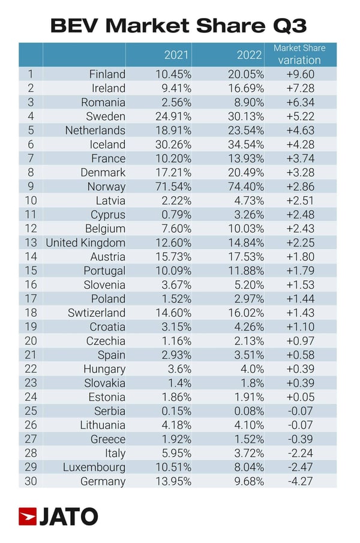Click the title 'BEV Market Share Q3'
pos(178,25)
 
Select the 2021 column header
pos(177,55)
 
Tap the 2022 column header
pos(249,55)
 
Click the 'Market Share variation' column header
pos(299,54)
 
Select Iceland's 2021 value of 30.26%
pos(173,145)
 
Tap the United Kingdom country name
pos(86,242)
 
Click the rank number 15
pos(29,271)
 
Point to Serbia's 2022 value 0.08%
pos(246,411)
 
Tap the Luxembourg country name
pos(94,467)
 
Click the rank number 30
pos(29,481)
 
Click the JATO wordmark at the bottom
pos(68,517)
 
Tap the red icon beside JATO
pos(27,517)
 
